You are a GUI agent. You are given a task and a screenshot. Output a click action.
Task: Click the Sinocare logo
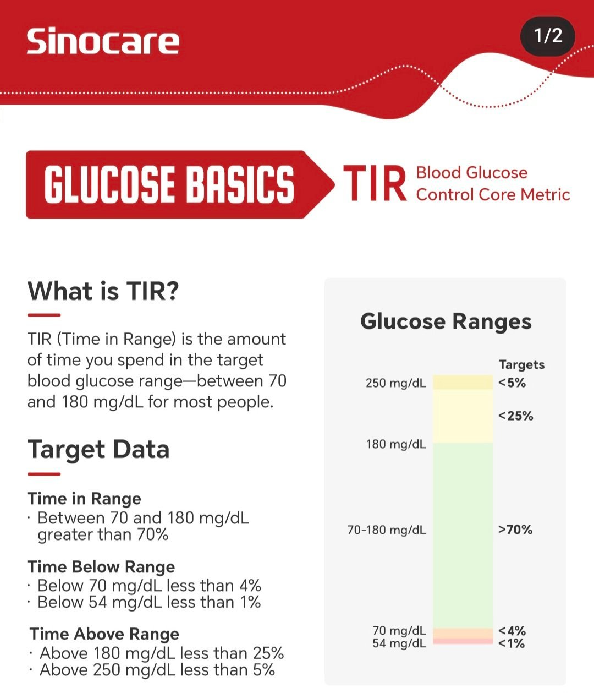point(103,41)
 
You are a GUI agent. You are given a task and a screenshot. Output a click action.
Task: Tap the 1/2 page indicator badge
point(547,36)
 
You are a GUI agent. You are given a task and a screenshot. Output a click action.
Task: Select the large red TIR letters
point(375,183)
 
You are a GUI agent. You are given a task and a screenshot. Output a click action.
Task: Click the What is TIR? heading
point(103,291)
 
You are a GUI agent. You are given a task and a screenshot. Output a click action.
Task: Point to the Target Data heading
point(98,450)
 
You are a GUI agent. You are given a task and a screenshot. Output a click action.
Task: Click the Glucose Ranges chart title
point(446,321)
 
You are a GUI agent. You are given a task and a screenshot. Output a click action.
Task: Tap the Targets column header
point(521,364)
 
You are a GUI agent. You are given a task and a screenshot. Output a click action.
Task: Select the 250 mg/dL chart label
point(396,383)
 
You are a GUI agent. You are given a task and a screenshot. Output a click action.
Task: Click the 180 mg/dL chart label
point(397,444)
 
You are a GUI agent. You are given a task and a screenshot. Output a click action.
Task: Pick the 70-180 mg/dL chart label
point(387,530)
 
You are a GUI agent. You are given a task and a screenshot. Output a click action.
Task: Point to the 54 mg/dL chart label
point(399,643)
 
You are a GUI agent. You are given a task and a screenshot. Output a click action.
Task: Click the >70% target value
point(515,530)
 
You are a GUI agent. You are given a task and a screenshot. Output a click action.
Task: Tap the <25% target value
point(515,416)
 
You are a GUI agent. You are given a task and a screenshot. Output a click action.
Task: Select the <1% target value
point(512,643)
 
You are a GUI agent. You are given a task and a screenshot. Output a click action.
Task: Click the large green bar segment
point(463,536)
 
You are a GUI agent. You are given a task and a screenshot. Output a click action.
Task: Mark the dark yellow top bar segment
point(463,382)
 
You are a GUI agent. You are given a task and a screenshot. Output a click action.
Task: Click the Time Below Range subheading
point(101,567)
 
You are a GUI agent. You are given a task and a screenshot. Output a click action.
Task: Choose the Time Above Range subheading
point(104,634)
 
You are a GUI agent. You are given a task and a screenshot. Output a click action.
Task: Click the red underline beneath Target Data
point(44,474)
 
